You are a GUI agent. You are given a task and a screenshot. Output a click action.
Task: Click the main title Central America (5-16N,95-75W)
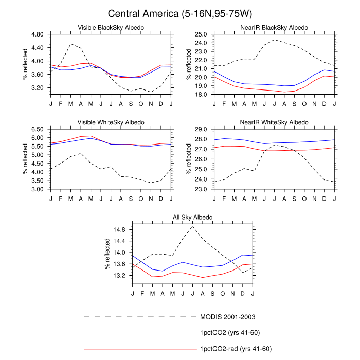[x=180, y=14]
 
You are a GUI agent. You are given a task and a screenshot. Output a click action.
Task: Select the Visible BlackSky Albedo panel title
[x=111, y=28]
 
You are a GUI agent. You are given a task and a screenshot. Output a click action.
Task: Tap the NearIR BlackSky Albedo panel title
[x=274, y=28]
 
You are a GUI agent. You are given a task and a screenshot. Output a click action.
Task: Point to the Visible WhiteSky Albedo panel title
[x=111, y=122]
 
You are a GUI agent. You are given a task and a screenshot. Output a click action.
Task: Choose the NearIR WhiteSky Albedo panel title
[x=274, y=122]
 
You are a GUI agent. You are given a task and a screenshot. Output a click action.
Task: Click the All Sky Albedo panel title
[x=193, y=217]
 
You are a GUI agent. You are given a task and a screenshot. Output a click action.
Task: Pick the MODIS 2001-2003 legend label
[x=228, y=317]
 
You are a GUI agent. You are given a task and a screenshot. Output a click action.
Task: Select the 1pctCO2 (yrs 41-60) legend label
[x=230, y=333]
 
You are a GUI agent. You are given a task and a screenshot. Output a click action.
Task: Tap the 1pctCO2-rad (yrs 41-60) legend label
[x=236, y=349]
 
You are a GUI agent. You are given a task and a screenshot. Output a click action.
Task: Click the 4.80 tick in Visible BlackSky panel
[x=38, y=34]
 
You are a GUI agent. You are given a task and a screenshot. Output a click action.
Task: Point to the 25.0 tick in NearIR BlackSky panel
[x=201, y=34]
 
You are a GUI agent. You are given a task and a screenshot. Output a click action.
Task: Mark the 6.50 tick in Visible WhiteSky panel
[x=38, y=129]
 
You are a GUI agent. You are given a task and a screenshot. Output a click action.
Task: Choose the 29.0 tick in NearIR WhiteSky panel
[x=201, y=129]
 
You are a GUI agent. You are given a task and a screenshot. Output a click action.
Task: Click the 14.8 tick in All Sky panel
[x=119, y=230]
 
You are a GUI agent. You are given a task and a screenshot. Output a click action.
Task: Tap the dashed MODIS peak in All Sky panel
[x=193, y=226]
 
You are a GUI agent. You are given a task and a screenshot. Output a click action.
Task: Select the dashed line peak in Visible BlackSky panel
[x=71, y=44]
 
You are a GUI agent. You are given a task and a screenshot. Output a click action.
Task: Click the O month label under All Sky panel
[x=223, y=294]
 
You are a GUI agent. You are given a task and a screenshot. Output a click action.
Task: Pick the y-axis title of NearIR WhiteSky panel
[x=189, y=159]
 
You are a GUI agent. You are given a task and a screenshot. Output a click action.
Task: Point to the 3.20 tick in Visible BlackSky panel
[x=38, y=88]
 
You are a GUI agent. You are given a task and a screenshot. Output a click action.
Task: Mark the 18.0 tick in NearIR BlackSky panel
[x=201, y=95]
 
